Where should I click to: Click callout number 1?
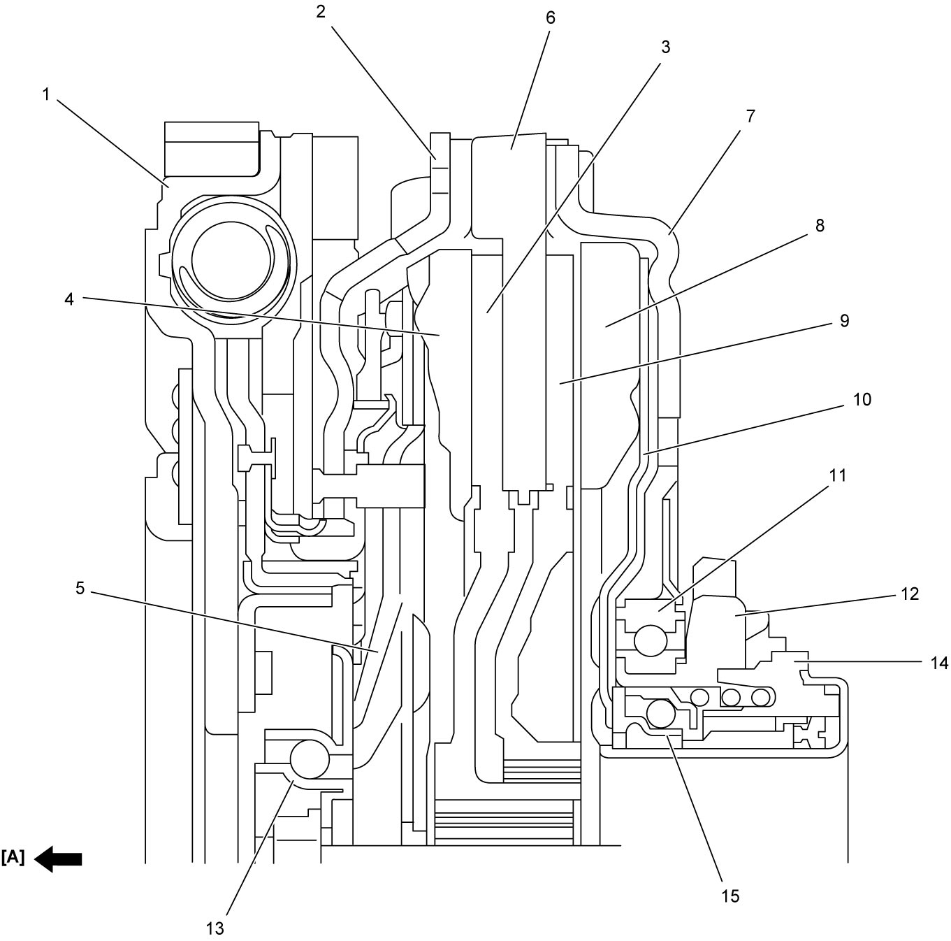coord(46,94)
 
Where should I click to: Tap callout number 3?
coord(665,48)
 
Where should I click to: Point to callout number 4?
coord(69,299)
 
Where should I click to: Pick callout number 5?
coord(80,589)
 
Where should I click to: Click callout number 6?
coord(551,17)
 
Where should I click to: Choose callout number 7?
coord(750,116)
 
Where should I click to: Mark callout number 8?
coord(820,226)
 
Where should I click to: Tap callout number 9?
coord(844,321)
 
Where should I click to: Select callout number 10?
coord(862,399)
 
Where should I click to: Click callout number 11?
coord(838,475)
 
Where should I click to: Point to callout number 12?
coord(910,594)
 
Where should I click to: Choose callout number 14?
coord(939,663)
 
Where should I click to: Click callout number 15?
coord(730,896)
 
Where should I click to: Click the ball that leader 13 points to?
coord(310,760)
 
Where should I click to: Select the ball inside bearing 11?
coord(651,640)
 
